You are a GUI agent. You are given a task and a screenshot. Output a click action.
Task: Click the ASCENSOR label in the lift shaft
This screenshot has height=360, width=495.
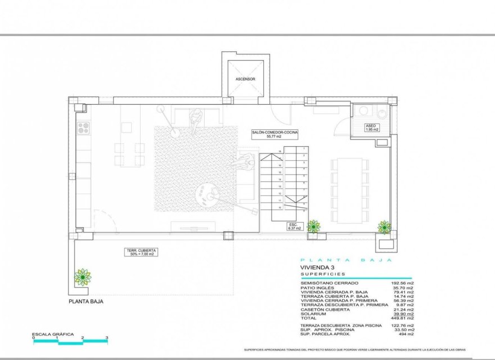pyautogui.click(x=245, y=79)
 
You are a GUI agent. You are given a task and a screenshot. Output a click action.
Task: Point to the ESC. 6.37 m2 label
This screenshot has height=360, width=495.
pyautogui.click(x=295, y=226)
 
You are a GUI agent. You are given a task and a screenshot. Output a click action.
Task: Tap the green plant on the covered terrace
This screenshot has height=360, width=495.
pyautogui.click(x=83, y=277)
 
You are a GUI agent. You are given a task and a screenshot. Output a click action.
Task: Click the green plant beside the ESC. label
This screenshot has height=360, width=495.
pyautogui.click(x=313, y=226)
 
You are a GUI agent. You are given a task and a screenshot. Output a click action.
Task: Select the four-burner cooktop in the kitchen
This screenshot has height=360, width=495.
pyautogui.click(x=83, y=128)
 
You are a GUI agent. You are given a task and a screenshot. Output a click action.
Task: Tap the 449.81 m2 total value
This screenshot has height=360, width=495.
pyautogui.click(x=404, y=318)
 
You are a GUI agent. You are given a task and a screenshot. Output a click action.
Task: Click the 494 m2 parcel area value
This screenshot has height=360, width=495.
pyautogui.click(x=407, y=335)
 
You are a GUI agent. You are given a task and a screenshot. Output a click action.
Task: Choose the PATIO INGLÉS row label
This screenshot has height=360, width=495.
pyautogui.click(x=317, y=287)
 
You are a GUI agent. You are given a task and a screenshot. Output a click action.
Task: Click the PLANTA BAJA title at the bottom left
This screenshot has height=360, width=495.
pyautogui.click(x=86, y=301)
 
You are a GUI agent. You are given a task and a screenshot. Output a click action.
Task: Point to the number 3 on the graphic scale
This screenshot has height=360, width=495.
pyautogui.click(x=107, y=337)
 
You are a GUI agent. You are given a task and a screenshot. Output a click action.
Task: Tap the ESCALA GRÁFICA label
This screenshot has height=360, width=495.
pyautogui.click(x=53, y=334)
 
